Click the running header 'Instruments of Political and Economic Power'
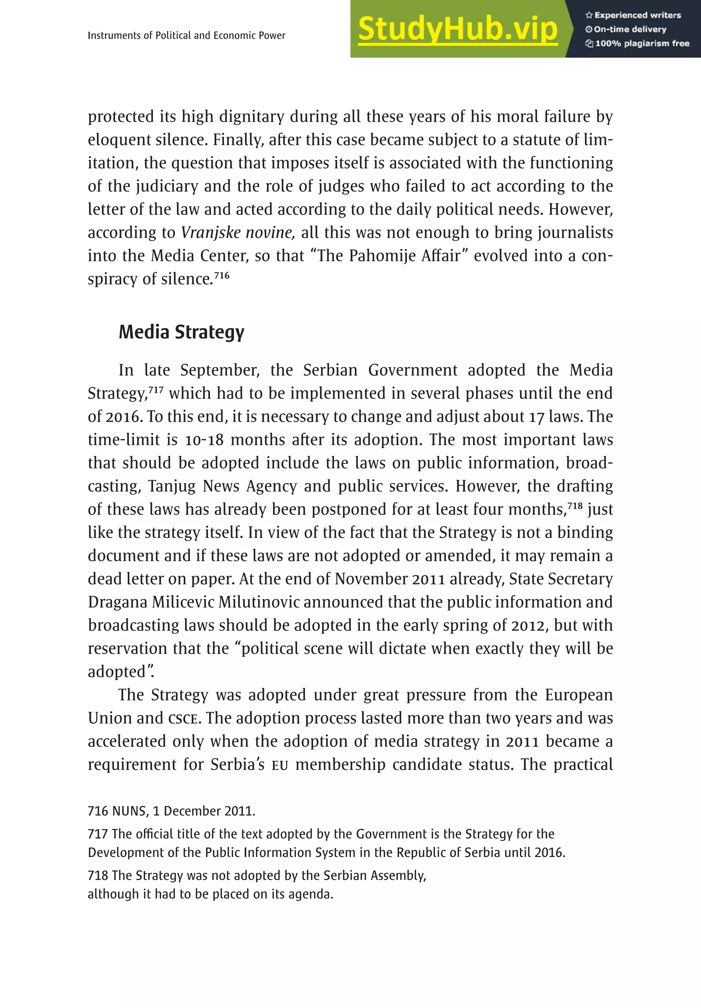click(x=187, y=36)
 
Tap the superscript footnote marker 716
click(x=222, y=275)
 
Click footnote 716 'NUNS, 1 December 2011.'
click(x=171, y=811)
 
